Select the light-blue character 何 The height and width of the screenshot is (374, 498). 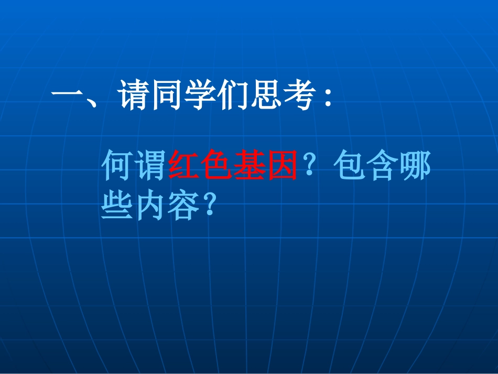pos(117,165)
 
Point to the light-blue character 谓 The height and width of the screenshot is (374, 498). pos(150,165)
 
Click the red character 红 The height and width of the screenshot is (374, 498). pos(183,165)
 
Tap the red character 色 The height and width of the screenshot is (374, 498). pos(216,165)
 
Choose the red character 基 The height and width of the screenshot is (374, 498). pos(250,165)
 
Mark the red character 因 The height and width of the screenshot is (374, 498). pos(282,165)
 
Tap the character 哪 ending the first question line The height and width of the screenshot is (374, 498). pos(415,165)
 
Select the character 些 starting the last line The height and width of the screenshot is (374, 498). pos(117,206)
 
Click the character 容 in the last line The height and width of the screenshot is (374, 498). pos(183,206)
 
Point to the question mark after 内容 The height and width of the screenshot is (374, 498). pos(210,206)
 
